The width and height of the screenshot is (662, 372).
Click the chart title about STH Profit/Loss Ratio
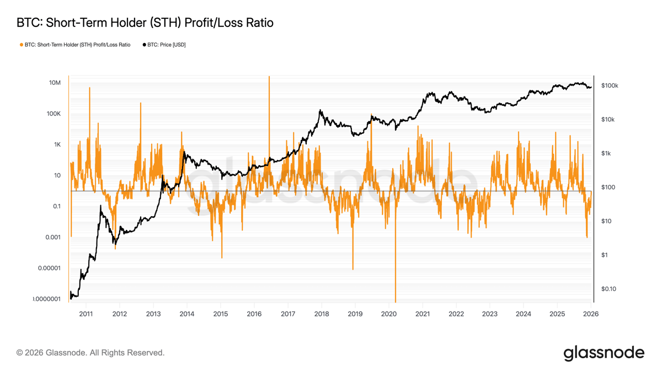145,23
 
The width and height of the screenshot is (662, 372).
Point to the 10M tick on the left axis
55,83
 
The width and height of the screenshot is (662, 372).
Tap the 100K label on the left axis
54,114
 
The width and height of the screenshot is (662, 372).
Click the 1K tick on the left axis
57,145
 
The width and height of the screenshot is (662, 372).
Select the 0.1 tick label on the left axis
56,207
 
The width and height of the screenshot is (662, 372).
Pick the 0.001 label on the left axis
52,238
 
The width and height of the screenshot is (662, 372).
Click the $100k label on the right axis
610,86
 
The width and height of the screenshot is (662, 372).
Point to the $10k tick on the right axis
608,120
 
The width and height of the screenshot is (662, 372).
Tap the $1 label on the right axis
605,255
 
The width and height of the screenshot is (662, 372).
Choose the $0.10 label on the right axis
608,289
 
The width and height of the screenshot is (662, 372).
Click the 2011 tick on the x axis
86,314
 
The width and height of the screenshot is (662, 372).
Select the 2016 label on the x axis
254,314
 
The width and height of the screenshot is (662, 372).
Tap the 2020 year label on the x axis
389,314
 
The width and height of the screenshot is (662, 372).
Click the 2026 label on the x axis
591,314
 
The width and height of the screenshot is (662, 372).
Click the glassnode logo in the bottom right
604,353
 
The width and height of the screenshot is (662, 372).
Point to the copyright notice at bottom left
90,353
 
